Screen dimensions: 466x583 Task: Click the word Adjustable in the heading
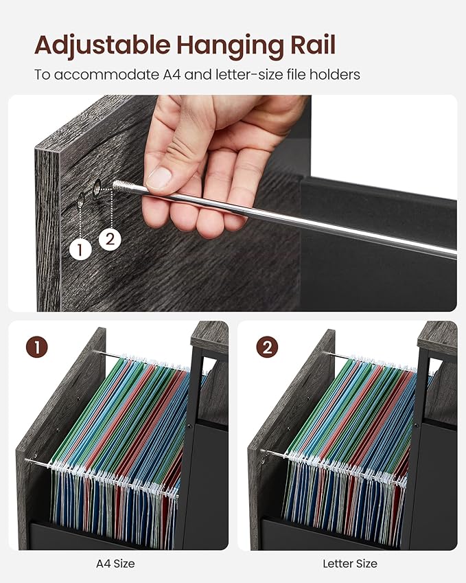102,46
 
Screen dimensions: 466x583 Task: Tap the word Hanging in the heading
229,46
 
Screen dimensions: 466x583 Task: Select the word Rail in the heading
312,44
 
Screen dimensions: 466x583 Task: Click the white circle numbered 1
80,249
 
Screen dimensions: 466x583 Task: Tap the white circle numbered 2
110,239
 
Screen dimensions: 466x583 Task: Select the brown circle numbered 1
37,347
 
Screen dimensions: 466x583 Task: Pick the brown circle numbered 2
267,347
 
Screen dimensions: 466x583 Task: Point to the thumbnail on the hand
159,177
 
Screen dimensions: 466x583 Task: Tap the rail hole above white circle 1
80,201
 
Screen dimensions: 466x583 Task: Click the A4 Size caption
115,564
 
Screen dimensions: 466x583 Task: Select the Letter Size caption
350,564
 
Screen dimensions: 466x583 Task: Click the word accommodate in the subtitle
106,75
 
